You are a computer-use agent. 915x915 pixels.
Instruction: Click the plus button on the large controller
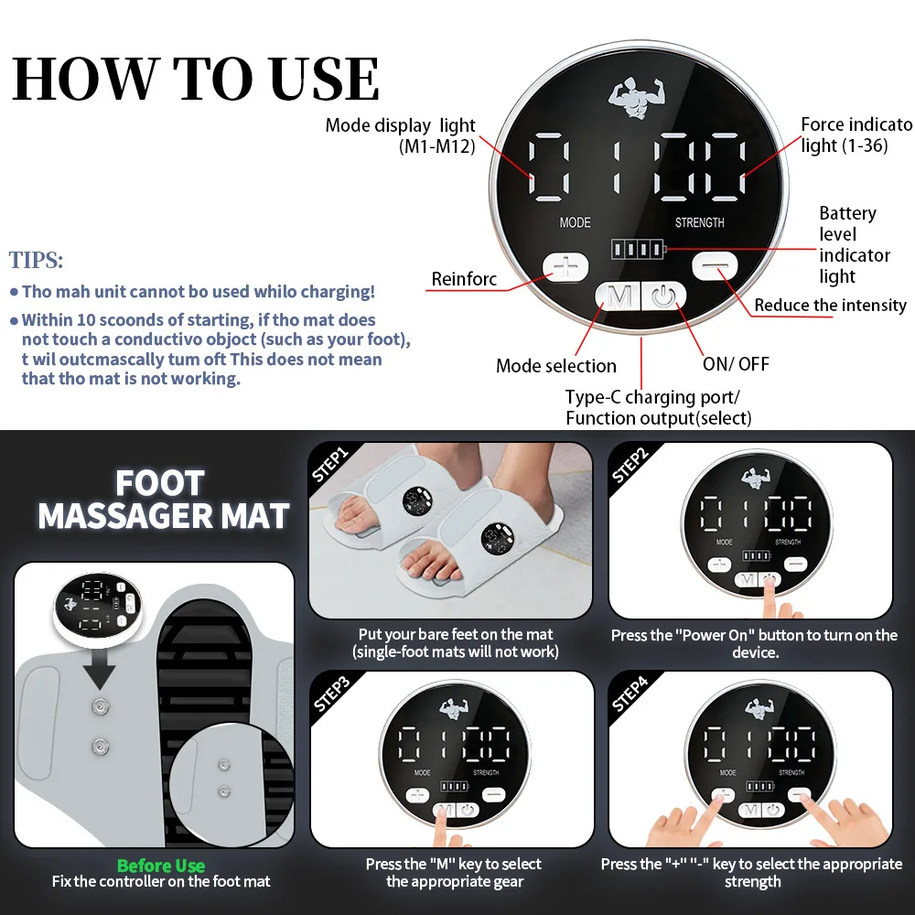tap(566, 267)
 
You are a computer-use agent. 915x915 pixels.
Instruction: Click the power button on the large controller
tap(663, 296)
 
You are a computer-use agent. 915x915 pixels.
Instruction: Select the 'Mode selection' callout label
tap(556, 366)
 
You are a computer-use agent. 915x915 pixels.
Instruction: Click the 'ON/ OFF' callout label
tap(737, 364)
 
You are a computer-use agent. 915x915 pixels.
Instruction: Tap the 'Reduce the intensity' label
tap(830, 306)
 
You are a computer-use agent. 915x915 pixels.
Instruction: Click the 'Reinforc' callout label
tap(465, 279)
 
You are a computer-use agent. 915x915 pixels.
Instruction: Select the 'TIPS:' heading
tap(37, 260)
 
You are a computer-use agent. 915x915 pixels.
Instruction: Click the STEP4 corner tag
tap(630, 693)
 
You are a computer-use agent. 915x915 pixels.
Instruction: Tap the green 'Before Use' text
tap(161, 866)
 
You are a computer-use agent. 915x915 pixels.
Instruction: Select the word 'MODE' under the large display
tap(575, 222)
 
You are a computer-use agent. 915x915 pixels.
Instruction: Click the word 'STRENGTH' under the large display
tap(700, 222)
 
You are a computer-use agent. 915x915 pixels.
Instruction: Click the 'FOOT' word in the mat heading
tap(160, 483)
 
